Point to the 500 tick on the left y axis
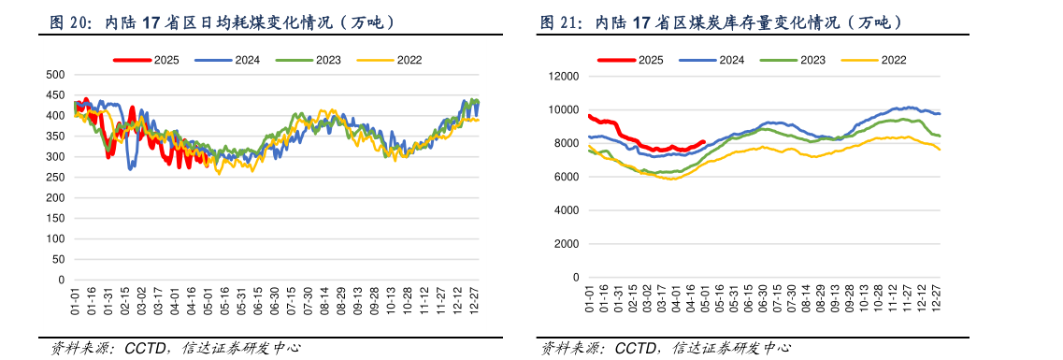point(55,75)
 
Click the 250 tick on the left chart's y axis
point(55,178)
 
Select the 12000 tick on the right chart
point(564,77)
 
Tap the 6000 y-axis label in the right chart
point(567,177)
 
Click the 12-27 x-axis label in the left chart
point(475,303)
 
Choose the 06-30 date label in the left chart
point(275,303)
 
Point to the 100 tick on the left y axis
point(55,239)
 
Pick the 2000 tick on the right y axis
point(567,244)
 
